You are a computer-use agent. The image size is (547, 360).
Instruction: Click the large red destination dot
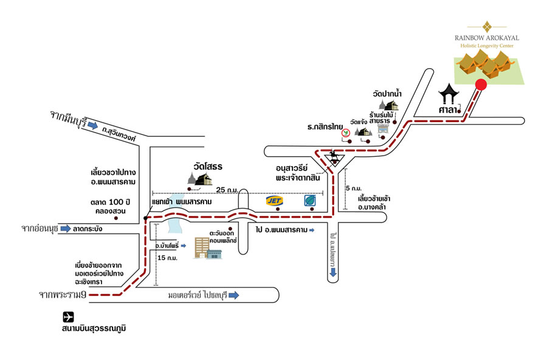(480, 85)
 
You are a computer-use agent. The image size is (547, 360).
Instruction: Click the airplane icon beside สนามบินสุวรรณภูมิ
(68, 317)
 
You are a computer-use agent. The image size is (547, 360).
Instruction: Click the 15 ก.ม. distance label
(167, 257)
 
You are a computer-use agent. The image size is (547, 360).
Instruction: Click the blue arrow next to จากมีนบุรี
(92, 126)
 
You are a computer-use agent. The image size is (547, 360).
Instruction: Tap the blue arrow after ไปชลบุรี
(233, 296)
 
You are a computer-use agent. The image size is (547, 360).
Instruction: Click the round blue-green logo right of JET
(311, 200)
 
